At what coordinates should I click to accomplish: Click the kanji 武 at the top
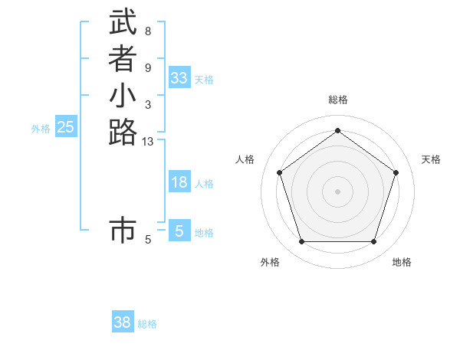click(x=123, y=22)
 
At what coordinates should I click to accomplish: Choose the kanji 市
click(x=123, y=231)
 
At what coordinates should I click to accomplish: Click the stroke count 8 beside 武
click(x=147, y=31)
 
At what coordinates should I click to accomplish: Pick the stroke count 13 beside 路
click(x=148, y=141)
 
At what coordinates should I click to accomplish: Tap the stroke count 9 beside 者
click(x=147, y=68)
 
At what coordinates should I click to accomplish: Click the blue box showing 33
click(x=179, y=78)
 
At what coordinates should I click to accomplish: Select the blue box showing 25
click(x=66, y=128)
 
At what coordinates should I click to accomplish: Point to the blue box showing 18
click(x=179, y=182)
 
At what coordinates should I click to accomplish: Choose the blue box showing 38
click(x=123, y=322)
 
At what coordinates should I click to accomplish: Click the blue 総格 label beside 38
click(x=148, y=324)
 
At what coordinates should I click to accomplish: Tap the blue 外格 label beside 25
click(x=41, y=129)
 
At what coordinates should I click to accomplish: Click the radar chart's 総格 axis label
click(x=338, y=100)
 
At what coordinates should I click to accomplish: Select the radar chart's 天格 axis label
click(x=431, y=159)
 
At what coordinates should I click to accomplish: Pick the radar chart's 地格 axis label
click(x=402, y=262)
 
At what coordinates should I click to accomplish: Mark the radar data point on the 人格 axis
click(x=280, y=172)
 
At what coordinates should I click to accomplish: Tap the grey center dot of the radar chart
click(x=338, y=191)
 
